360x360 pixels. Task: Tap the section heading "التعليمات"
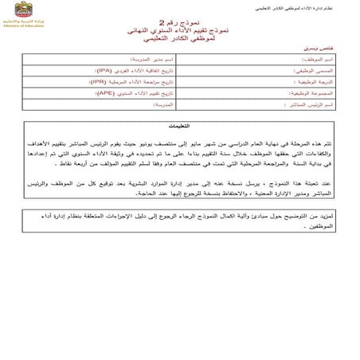[182, 126]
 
